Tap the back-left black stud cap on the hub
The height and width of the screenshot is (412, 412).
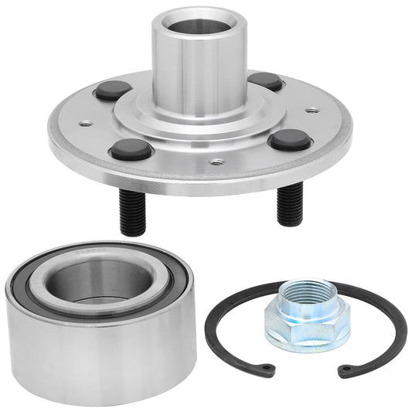click(113, 90)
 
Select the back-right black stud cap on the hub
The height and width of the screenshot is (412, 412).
click(265, 80)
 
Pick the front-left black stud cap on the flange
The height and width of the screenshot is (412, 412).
click(129, 148)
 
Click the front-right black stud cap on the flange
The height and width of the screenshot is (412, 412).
click(289, 138)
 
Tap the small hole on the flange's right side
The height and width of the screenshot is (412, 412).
click(312, 110)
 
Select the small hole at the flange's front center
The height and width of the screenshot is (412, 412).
click(217, 162)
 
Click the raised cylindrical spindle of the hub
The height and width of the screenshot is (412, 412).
click(197, 70)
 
